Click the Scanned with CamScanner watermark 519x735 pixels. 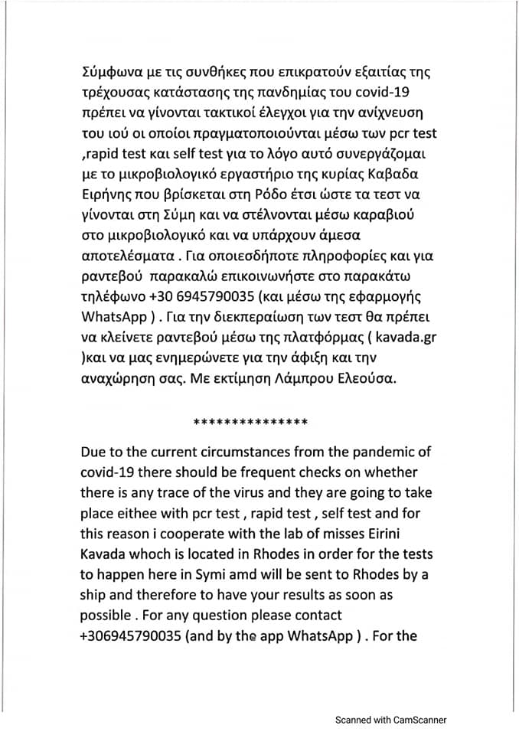click(x=391, y=719)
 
